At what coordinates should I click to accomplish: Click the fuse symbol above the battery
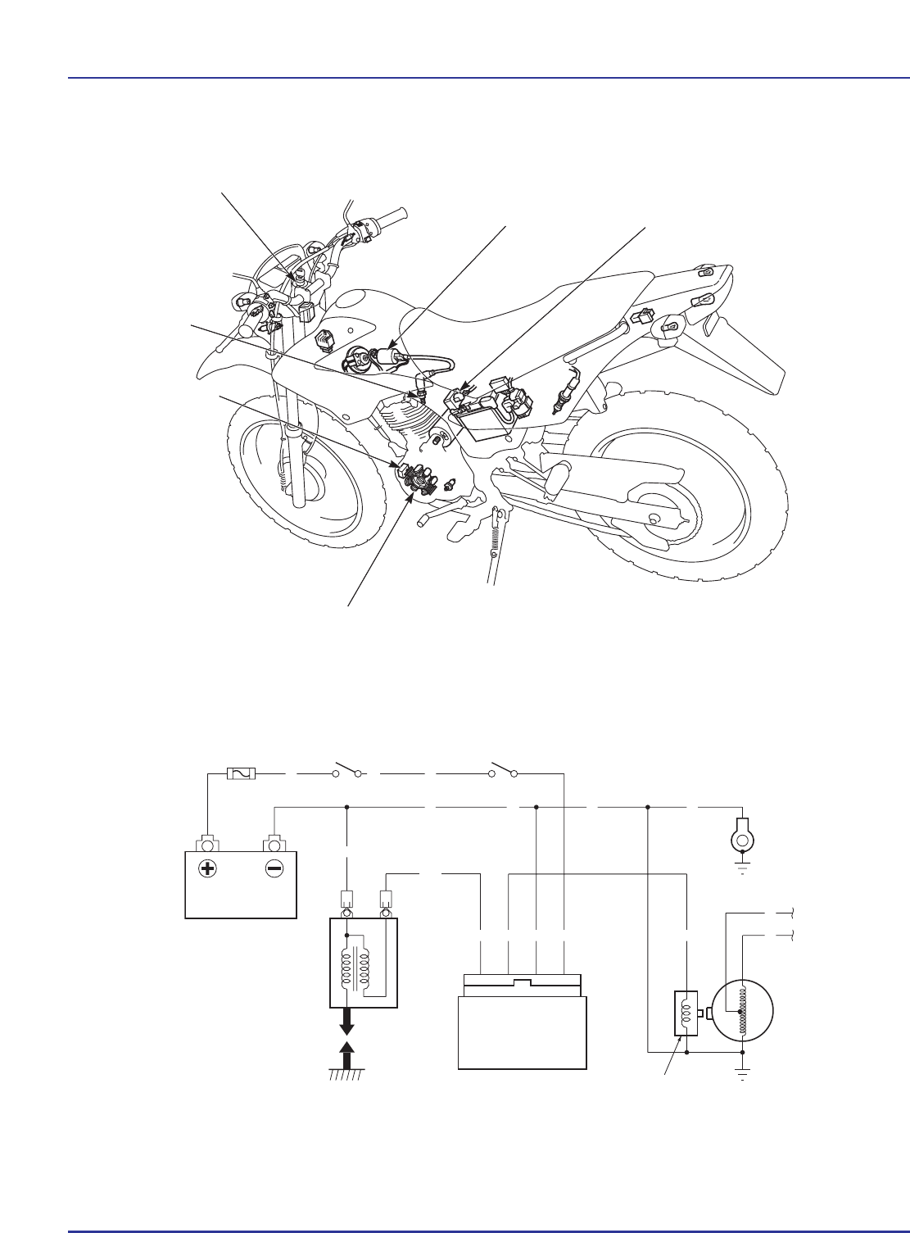click(241, 773)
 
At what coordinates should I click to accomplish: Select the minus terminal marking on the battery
click(274, 870)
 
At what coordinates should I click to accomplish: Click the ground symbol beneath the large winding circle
click(742, 1074)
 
